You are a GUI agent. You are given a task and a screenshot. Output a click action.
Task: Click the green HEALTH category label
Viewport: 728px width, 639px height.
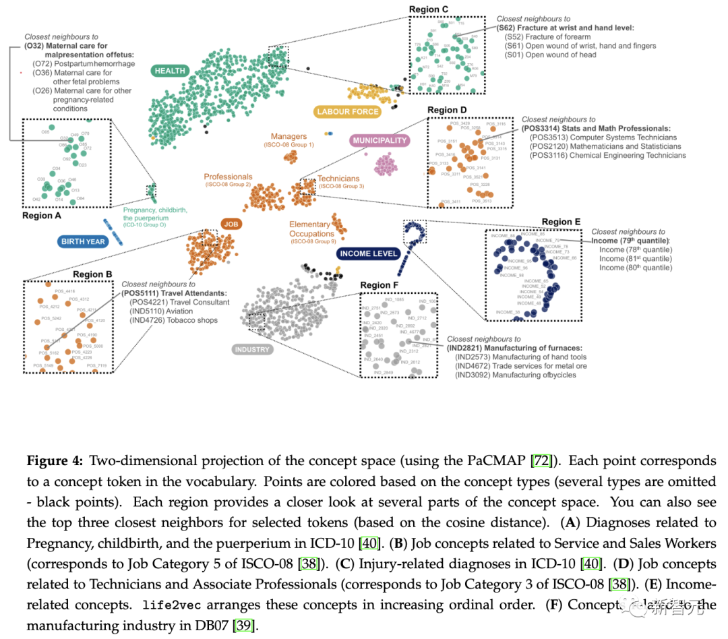[x=169, y=71]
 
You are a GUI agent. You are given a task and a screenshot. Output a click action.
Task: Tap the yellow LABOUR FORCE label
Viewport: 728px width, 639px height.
[x=347, y=111]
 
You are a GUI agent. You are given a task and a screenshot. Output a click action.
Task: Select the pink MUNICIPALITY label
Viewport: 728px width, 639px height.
[x=380, y=141]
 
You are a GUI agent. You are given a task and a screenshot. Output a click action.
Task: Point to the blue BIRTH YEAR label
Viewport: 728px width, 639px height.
[x=83, y=242]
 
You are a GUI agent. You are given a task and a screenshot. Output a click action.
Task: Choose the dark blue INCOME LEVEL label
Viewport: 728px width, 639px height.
[x=369, y=254]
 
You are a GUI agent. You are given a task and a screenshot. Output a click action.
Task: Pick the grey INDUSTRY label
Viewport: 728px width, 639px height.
[x=252, y=349]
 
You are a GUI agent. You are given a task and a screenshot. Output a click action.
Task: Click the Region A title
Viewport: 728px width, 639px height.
[x=42, y=216]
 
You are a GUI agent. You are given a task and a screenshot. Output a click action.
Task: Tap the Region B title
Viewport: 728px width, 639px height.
[x=93, y=274]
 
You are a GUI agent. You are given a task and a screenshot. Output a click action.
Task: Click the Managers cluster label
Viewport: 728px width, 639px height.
[x=289, y=137]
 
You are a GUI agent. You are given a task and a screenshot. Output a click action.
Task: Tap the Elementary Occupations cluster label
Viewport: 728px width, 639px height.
[x=310, y=229]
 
